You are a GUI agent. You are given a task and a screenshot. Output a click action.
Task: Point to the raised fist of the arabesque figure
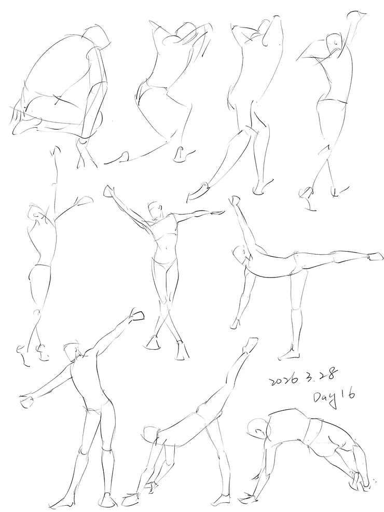click(x=236, y=200)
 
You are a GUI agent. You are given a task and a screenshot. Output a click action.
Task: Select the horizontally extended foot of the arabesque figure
click(x=375, y=256)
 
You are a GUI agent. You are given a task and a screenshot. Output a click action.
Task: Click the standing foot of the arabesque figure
click(x=290, y=354)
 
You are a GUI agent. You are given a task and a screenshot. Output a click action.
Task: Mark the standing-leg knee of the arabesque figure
click(x=297, y=308)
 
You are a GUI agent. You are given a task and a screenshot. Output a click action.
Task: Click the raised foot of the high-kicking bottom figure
click(x=250, y=345)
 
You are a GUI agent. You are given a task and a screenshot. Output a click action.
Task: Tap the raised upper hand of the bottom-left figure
click(x=138, y=315)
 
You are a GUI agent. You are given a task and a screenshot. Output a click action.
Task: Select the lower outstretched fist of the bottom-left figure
click(x=27, y=400)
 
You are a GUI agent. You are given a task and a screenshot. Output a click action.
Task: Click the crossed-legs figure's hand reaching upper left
click(x=109, y=191)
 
